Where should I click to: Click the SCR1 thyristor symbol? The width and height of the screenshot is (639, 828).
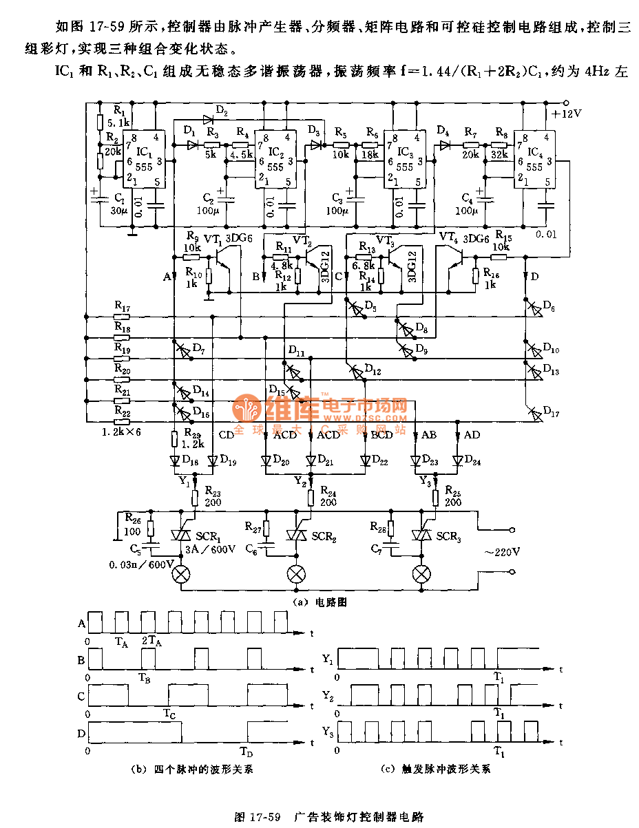[182, 535]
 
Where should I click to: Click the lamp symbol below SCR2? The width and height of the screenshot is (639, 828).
[297, 573]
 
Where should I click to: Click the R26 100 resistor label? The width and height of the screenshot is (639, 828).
[133, 524]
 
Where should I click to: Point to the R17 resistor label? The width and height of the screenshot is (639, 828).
[123, 305]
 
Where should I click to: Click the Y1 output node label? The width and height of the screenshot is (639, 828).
[183, 480]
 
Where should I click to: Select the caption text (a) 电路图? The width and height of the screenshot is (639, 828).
[319, 601]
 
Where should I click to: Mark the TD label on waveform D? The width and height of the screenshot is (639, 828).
[246, 750]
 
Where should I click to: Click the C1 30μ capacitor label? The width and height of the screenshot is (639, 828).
[118, 204]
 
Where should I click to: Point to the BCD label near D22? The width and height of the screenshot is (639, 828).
[381, 434]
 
